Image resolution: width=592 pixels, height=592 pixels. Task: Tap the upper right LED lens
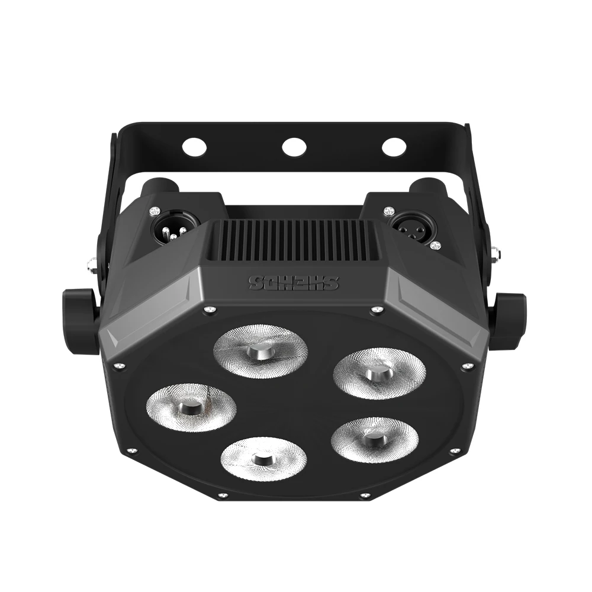tap(371, 373)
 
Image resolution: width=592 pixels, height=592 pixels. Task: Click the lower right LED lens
tap(375, 439)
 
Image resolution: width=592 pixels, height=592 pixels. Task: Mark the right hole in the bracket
tap(392, 146)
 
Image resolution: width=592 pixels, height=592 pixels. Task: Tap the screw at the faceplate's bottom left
tap(222, 494)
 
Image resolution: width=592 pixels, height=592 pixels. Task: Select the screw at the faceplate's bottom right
tap(366, 494)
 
